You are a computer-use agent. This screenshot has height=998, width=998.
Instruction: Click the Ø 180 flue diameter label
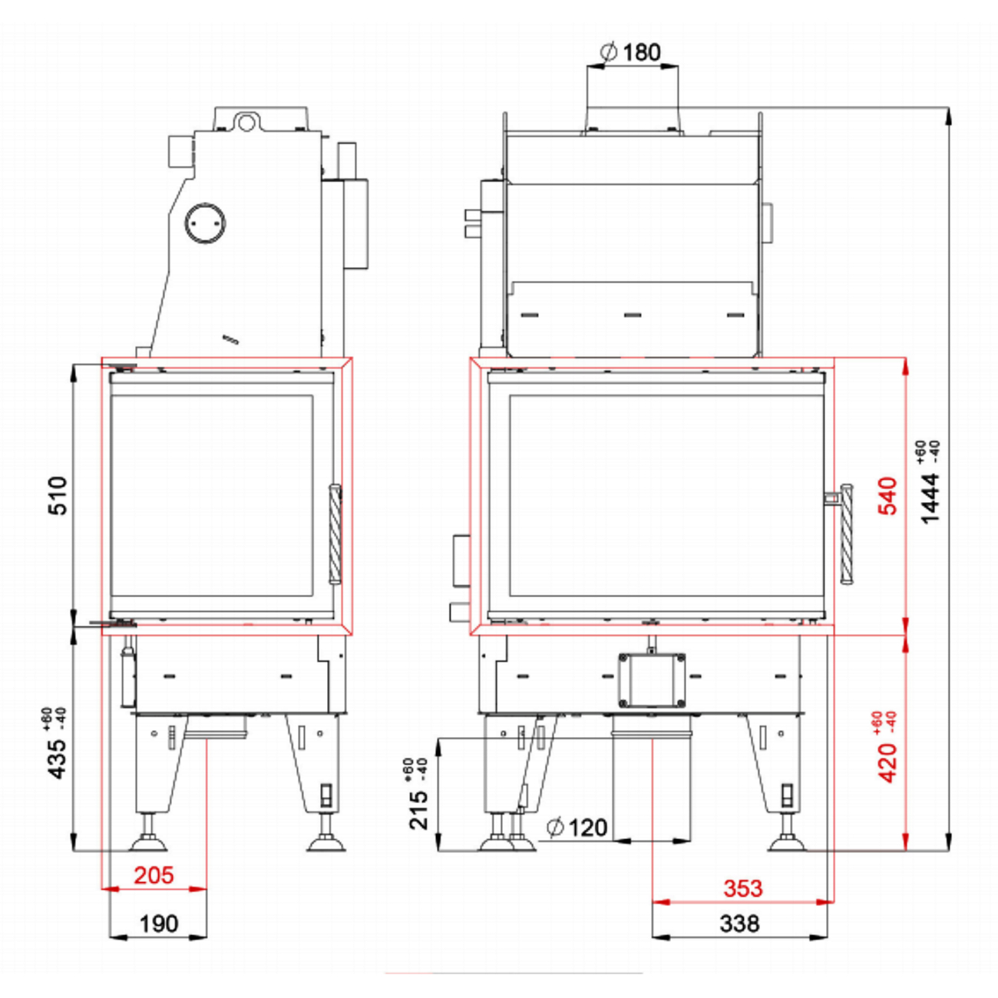coord(630,52)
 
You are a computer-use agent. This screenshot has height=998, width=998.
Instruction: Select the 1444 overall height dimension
coord(930,497)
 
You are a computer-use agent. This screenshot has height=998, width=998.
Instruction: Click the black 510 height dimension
coord(58,496)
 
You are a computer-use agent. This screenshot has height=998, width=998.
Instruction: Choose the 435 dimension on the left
coord(58,758)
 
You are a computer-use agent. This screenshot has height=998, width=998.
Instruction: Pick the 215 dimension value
coord(419,806)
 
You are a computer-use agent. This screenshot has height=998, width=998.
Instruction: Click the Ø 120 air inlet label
coord(577,827)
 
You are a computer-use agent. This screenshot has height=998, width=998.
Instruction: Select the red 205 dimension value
coord(154,875)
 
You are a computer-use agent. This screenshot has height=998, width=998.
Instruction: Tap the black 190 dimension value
coord(158,924)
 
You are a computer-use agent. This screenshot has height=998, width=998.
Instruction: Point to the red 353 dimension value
coord(742,888)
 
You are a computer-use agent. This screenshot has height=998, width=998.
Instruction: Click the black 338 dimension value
coord(739,924)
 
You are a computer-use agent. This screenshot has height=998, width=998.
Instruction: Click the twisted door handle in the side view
coord(335,534)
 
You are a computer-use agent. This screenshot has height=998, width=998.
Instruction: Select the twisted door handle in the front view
coord(847,534)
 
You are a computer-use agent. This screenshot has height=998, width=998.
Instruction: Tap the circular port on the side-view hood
coord(205,223)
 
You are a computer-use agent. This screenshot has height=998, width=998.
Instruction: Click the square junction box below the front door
coord(652,680)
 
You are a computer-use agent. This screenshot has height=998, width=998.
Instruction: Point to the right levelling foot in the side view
coord(327,843)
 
